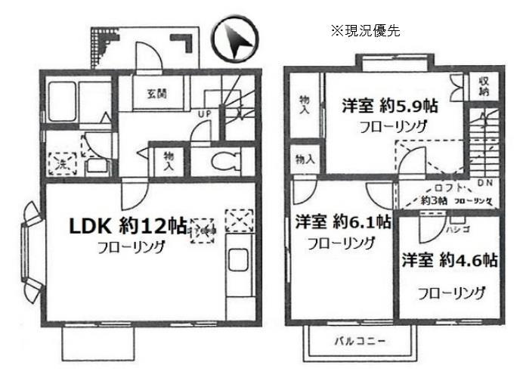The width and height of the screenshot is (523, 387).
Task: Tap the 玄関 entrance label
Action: tap(156, 94)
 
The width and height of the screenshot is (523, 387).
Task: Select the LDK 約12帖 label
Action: tap(128, 225)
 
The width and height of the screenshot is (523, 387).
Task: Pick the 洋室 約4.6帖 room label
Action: tap(449, 261)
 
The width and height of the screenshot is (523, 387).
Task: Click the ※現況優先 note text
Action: tap(364, 31)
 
